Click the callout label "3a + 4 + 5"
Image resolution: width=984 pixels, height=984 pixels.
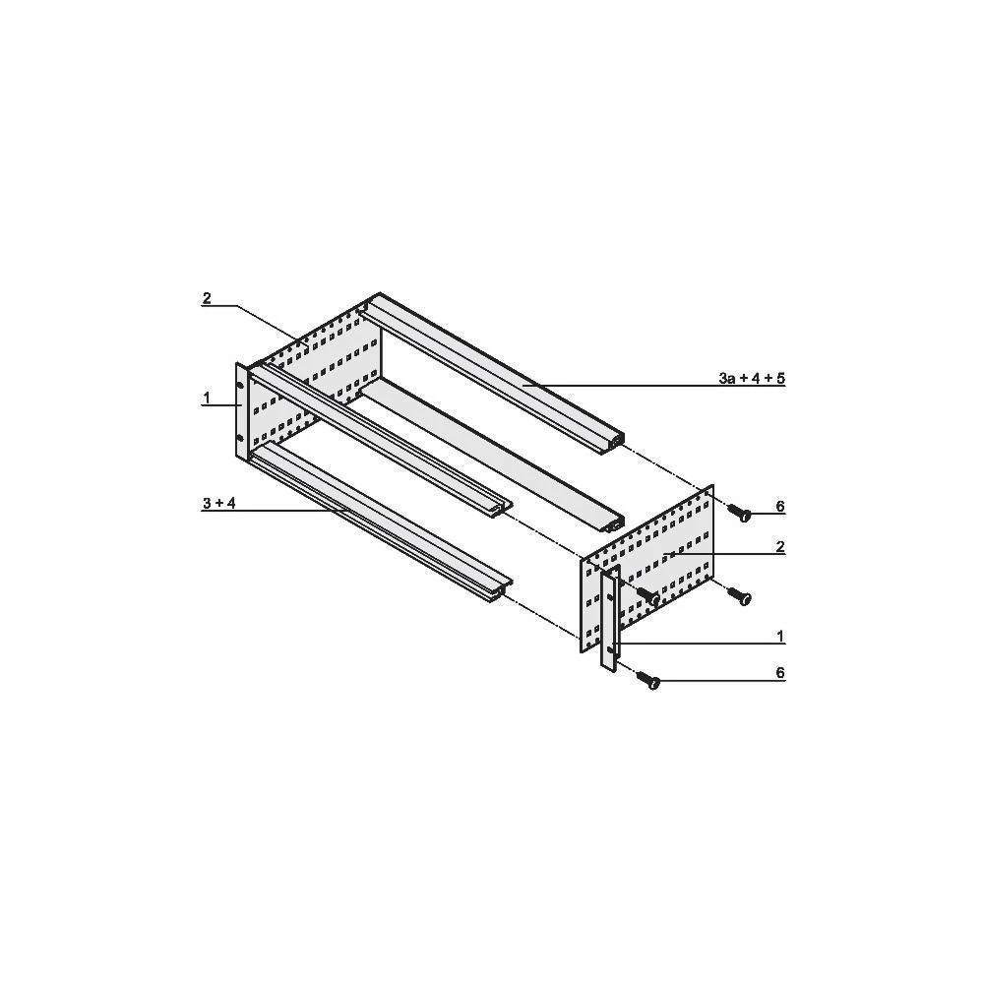752,378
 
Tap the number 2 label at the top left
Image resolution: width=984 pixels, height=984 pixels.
207,299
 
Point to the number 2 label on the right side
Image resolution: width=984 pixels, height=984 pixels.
779,547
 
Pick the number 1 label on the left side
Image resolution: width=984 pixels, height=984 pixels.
207,398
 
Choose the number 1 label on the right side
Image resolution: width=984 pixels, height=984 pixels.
779,637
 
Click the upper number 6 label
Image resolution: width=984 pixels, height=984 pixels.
779,507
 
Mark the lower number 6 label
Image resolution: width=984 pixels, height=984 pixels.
779,673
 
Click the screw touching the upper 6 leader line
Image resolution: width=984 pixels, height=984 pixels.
740,511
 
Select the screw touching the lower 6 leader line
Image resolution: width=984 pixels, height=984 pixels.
648,679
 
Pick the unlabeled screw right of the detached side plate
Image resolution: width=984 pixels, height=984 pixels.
740,595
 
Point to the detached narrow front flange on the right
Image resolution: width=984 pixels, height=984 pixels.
610,620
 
